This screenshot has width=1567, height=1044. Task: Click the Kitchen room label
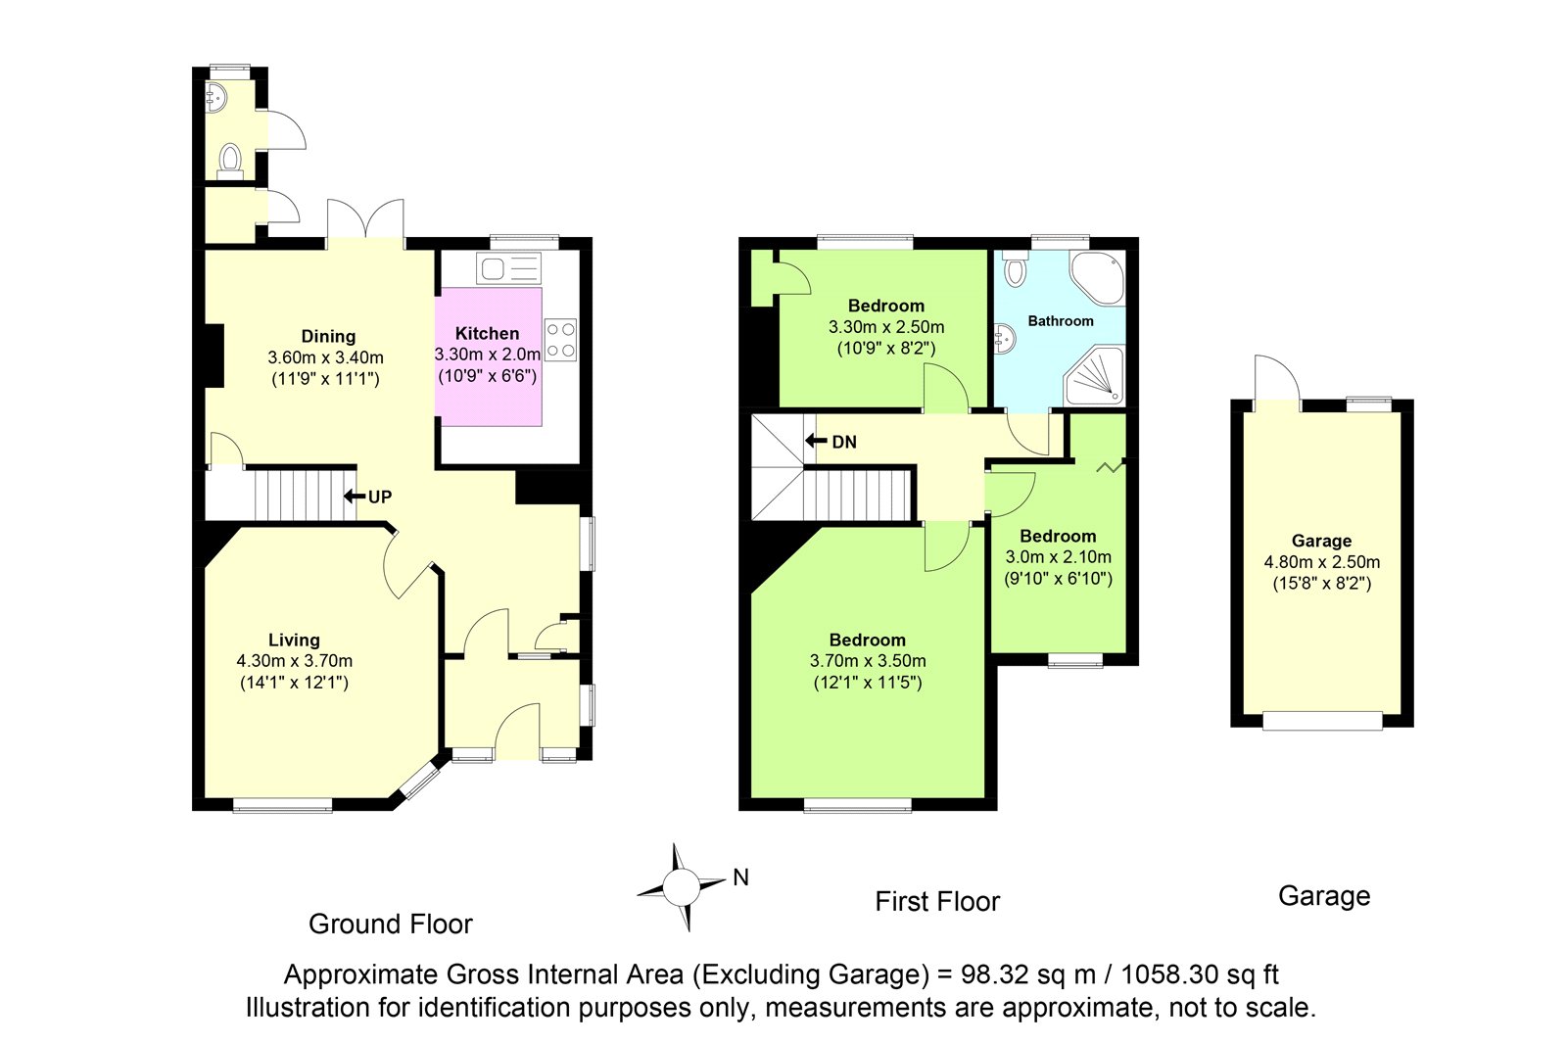coord(487,334)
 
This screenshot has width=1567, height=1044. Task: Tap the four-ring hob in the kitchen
coord(561,340)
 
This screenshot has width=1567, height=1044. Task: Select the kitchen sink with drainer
coord(509,268)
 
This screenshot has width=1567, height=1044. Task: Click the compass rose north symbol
coord(682,887)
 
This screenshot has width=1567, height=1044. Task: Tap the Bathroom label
coord(1061,321)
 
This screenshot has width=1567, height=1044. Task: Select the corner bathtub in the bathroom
coord(1097,278)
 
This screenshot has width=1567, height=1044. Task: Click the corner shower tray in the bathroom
coord(1095,376)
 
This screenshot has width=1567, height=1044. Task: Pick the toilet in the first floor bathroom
coord(1015,270)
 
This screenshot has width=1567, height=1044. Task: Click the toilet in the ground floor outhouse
coord(230,161)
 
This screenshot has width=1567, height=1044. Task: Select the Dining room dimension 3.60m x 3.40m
coord(326,357)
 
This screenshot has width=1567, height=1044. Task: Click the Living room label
coord(295,640)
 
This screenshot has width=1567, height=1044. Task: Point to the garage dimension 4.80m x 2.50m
coord(1321,562)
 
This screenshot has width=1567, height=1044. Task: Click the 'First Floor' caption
coord(937,901)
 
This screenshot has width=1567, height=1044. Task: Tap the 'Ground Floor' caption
coord(391,924)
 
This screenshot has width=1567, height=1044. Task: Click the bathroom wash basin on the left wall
coord(1005,340)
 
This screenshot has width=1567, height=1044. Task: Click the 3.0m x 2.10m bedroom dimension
coord(1059,557)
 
